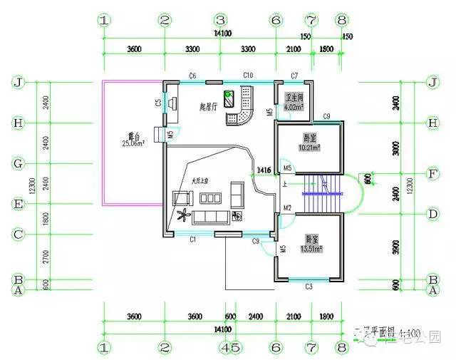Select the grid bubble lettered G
point(19,163)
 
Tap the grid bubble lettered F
point(431,173)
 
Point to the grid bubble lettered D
point(431,214)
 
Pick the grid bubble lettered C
point(19,235)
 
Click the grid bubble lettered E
point(19,204)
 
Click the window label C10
point(248,75)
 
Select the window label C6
point(192,75)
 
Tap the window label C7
point(294,75)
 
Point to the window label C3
point(309,287)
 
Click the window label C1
point(192,240)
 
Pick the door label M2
point(287,207)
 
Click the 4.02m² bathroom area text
point(294,107)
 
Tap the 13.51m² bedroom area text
point(311,250)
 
